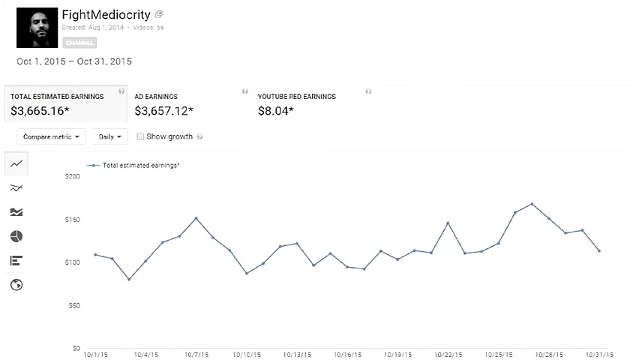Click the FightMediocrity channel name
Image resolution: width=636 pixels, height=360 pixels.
click(x=107, y=15)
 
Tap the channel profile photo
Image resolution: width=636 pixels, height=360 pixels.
click(x=37, y=28)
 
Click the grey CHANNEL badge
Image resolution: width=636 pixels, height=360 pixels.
click(x=80, y=43)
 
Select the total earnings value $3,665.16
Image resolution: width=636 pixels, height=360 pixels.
click(x=40, y=111)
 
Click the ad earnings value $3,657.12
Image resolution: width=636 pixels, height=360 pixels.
click(x=164, y=111)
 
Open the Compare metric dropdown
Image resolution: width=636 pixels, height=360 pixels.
click(x=51, y=137)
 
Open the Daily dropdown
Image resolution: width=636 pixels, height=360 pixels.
click(x=110, y=137)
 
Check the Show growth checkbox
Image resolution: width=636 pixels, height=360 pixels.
click(x=140, y=136)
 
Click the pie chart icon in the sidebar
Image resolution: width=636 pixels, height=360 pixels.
click(x=16, y=236)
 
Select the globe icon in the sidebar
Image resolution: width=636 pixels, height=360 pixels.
click(x=16, y=285)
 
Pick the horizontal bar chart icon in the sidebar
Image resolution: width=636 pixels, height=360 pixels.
click(x=16, y=260)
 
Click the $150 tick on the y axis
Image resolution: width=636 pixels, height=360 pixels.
click(x=73, y=220)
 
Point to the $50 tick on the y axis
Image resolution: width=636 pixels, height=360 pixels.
click(x=74, y=305)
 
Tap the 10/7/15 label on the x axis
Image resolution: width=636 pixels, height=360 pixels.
click(x=196, y=354)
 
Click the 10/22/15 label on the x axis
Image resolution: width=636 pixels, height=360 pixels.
click(x=449, y=354)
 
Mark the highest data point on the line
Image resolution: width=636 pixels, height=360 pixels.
click(x=532, y=204)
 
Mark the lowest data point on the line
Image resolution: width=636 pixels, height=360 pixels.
click(x=129, y=279)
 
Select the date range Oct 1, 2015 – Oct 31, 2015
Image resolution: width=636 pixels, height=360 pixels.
click(x=74, y=62)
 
